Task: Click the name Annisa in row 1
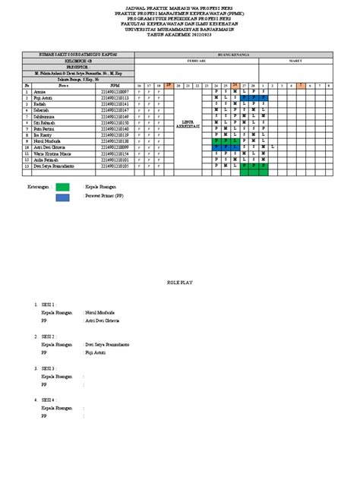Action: (39, 93)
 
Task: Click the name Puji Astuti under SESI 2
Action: (96, 353)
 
